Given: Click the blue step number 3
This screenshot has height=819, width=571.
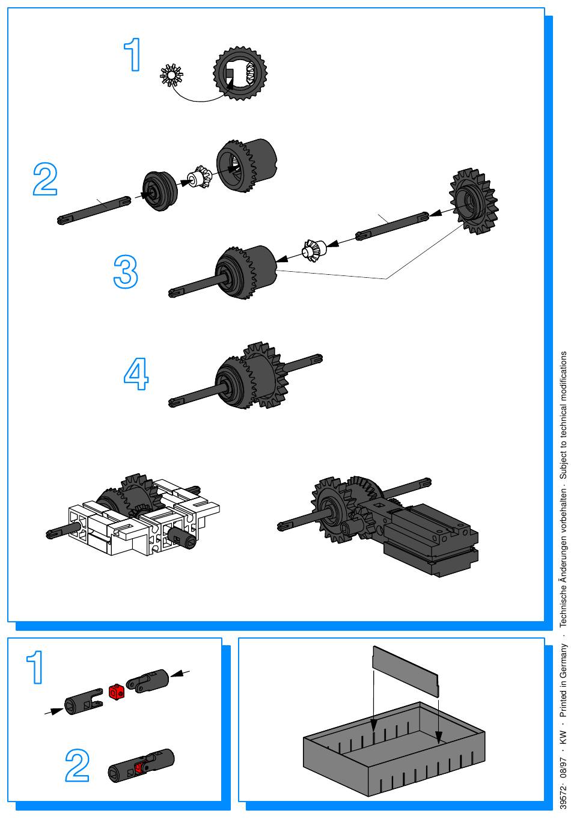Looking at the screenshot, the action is [126, 272].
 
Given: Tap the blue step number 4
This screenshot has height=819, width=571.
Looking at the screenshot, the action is [136, 373].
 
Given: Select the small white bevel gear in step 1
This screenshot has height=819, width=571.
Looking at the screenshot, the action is [171, 75].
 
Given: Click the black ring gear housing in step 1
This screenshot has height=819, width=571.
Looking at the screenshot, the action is [240, 73].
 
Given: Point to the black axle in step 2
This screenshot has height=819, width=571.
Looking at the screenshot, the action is [94, 210].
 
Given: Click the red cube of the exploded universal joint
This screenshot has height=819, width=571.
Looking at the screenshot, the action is [117, 692].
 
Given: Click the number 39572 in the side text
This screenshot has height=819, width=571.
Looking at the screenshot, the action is [563, 802].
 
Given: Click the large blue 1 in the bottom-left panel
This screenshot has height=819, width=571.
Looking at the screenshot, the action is [35, 667].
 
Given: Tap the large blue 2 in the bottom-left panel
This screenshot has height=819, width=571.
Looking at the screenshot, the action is [77, 765].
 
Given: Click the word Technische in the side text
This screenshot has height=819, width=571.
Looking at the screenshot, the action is [563, 604].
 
